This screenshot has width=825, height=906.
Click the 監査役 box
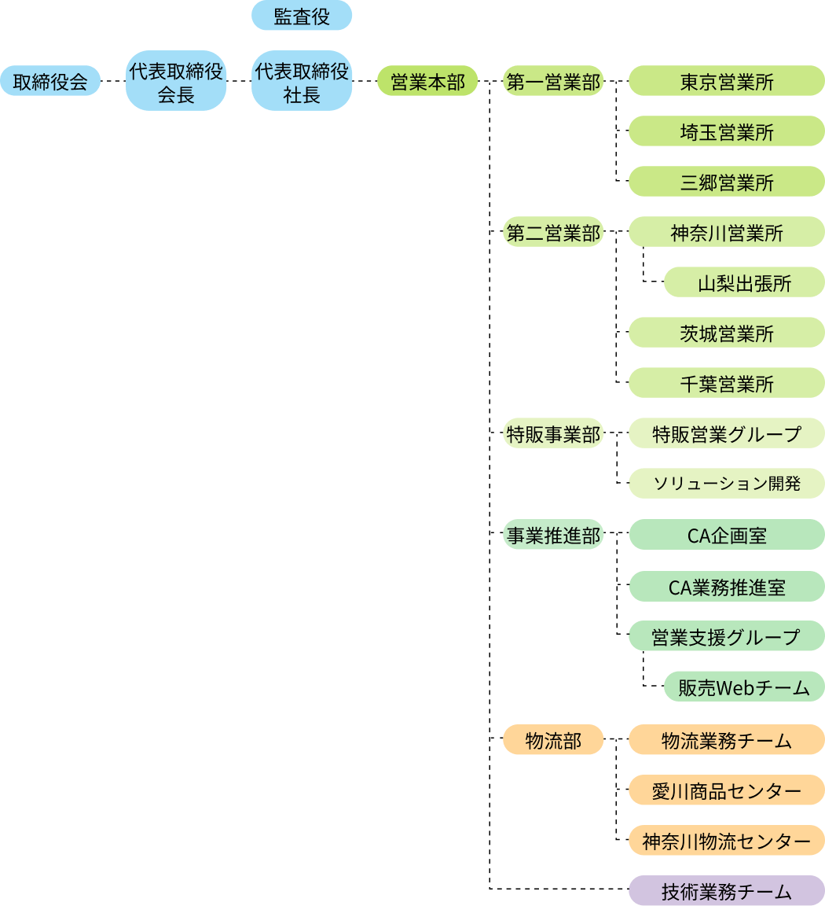302,15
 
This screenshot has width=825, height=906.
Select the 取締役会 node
50,80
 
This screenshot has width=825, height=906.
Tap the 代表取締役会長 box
176,80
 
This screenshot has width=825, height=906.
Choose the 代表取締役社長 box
302,80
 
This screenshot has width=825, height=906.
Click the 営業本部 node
427,80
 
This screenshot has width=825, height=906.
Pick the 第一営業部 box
553,80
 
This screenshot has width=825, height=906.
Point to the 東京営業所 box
726,80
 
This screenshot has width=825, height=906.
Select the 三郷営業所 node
726,181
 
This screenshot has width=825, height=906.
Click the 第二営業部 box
553,232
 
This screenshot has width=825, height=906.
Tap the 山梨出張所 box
744,282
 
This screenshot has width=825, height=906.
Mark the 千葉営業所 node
726,382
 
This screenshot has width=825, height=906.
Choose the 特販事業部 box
553,433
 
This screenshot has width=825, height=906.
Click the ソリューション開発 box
726,483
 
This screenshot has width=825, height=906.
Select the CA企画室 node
726,535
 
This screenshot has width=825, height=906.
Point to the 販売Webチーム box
744,687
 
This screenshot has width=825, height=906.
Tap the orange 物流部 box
553,739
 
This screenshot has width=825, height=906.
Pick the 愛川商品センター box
726,790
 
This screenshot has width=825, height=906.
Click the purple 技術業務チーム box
726,890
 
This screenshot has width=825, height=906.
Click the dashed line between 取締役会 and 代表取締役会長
113,81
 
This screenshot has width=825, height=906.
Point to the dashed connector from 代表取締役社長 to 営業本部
365,81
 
